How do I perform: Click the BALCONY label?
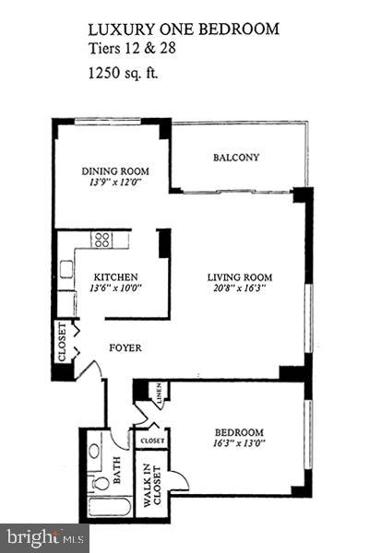236,158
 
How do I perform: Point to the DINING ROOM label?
115,171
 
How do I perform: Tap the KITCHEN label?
116,276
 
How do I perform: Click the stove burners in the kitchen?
101,241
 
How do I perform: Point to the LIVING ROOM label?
240,276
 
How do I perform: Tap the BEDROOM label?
239,432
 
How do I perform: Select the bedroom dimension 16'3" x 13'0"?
239,444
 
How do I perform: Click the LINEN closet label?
161,394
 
